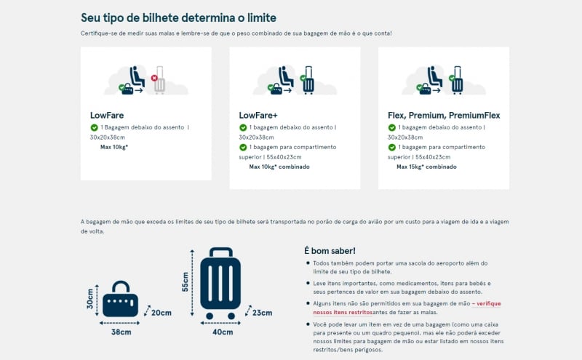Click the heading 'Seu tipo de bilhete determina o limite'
(x=178, y=17)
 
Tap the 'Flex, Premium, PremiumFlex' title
(x=444, y=115)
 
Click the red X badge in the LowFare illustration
(x=154, y=78)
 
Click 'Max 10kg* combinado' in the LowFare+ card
(x=279, y=167)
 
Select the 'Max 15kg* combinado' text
(x=426, y=167)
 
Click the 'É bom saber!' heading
(x=330, y=251)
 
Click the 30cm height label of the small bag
(x=90, y=297)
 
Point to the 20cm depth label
(x=161, y=313)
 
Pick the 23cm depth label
(x=261, y=313)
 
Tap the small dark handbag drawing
(x=120, y=300)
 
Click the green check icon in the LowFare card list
(x=95, y=127)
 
